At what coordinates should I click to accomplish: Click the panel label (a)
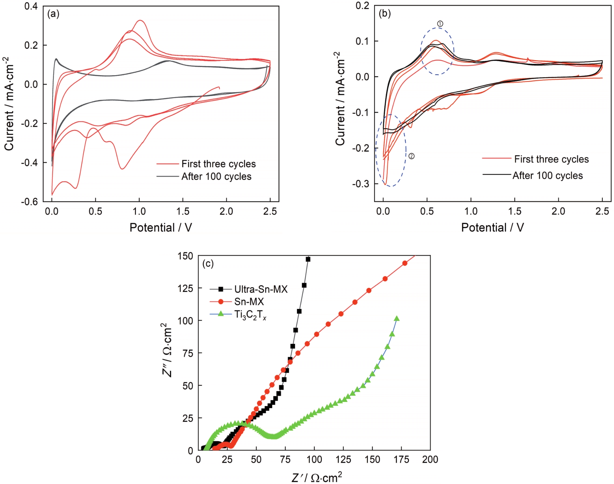[53, 14]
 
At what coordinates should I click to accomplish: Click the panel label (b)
[385, 13]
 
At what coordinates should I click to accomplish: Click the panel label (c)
[208, 264]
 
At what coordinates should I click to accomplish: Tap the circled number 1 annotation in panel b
[440, 24]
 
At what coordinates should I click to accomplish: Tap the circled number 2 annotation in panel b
[411, 156]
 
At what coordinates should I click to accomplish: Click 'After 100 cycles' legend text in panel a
[216, 176]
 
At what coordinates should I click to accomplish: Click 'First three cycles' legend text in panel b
[551, 159]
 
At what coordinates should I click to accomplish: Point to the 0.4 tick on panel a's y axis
[31, 6]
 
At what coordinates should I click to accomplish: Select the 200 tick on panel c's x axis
[430, 459]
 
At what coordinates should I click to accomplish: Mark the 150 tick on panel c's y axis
[185, 256]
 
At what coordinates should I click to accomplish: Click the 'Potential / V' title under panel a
[161, 228]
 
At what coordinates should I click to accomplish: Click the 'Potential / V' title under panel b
[492, 228]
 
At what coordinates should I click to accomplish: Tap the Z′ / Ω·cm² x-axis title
[316, 477]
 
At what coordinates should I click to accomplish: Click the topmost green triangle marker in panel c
[397, 319]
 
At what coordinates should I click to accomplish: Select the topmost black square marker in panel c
[308, 259]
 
